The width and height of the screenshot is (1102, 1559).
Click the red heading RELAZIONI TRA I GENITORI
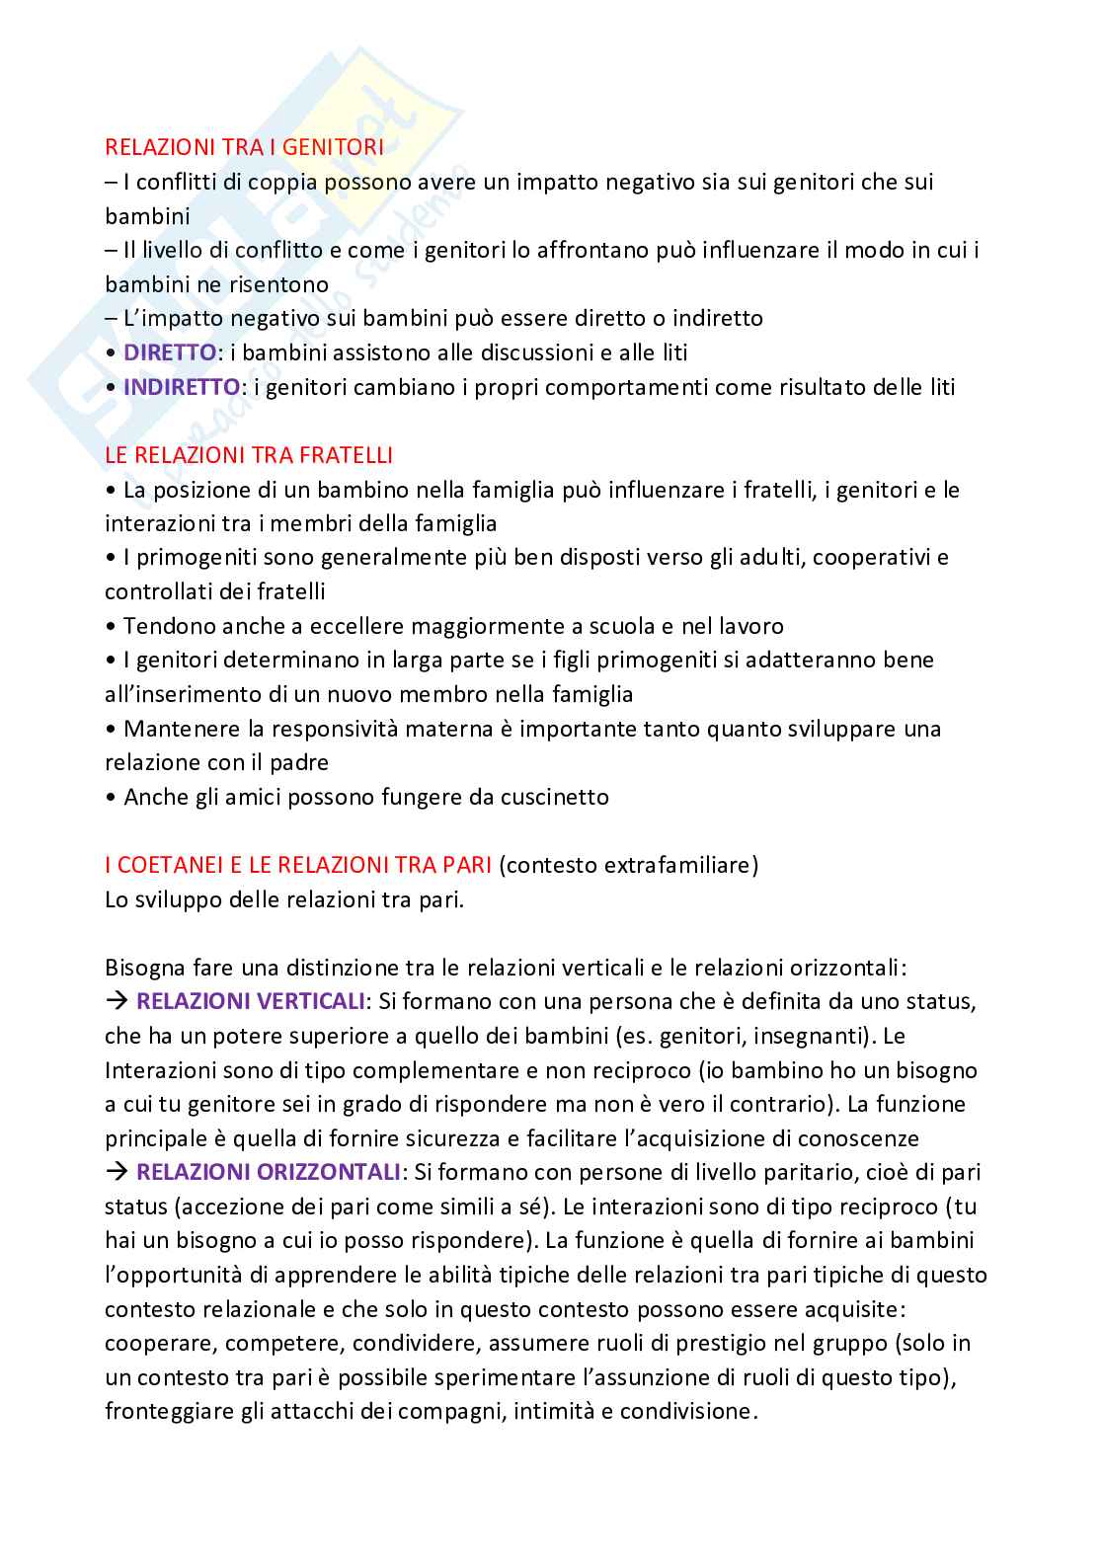(244, 147)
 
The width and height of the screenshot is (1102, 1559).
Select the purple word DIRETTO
(169, 352)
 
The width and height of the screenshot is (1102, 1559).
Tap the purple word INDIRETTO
(182, 387)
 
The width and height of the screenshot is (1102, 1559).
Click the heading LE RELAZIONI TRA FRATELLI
(249, 455)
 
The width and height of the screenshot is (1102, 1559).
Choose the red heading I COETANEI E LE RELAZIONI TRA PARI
(298, 865)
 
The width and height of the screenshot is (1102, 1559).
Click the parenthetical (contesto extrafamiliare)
(629, 865)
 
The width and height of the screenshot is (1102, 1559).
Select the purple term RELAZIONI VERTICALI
(251, 1001)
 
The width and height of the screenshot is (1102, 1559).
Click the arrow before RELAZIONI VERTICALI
(117, 1001)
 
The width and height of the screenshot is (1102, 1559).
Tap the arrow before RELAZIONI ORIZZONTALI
(117, 1172)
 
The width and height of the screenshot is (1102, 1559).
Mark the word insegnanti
(825, 1036)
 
